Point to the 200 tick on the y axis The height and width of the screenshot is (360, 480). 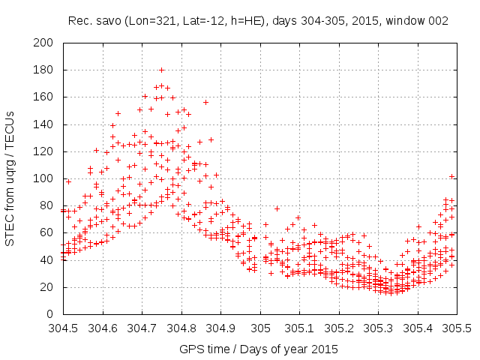pyautogui.click(x=47, y=43)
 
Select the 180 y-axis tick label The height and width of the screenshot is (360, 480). pyautogui.click(x=47, y=70)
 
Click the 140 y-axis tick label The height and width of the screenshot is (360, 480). pyautogui.click(x=47, y=124)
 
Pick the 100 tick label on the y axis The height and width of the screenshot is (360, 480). pyautogui.click(x=47, y=178)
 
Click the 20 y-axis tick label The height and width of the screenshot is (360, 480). pyautogui.click(x=50, y=286)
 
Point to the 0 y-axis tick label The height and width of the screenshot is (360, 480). pyautogui.click(x=53, y=313)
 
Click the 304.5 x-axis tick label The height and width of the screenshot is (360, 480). pyautogui.click(x=64, y=328)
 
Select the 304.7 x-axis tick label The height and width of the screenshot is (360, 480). pyautogui.click(x=142, y=328)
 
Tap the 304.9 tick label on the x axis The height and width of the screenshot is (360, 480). pyautogui.click(x=221, y=328)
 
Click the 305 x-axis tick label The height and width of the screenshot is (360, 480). pyautogui.click(x=260, y=328)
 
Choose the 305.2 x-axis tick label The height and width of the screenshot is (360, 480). pyautogui.click(x=339, y=328)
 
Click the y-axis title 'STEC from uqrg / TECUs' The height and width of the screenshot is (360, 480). pyautogui.click(x=16, y=178)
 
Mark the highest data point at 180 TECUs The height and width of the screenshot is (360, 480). pyautogui.click(x=161, y=70)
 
